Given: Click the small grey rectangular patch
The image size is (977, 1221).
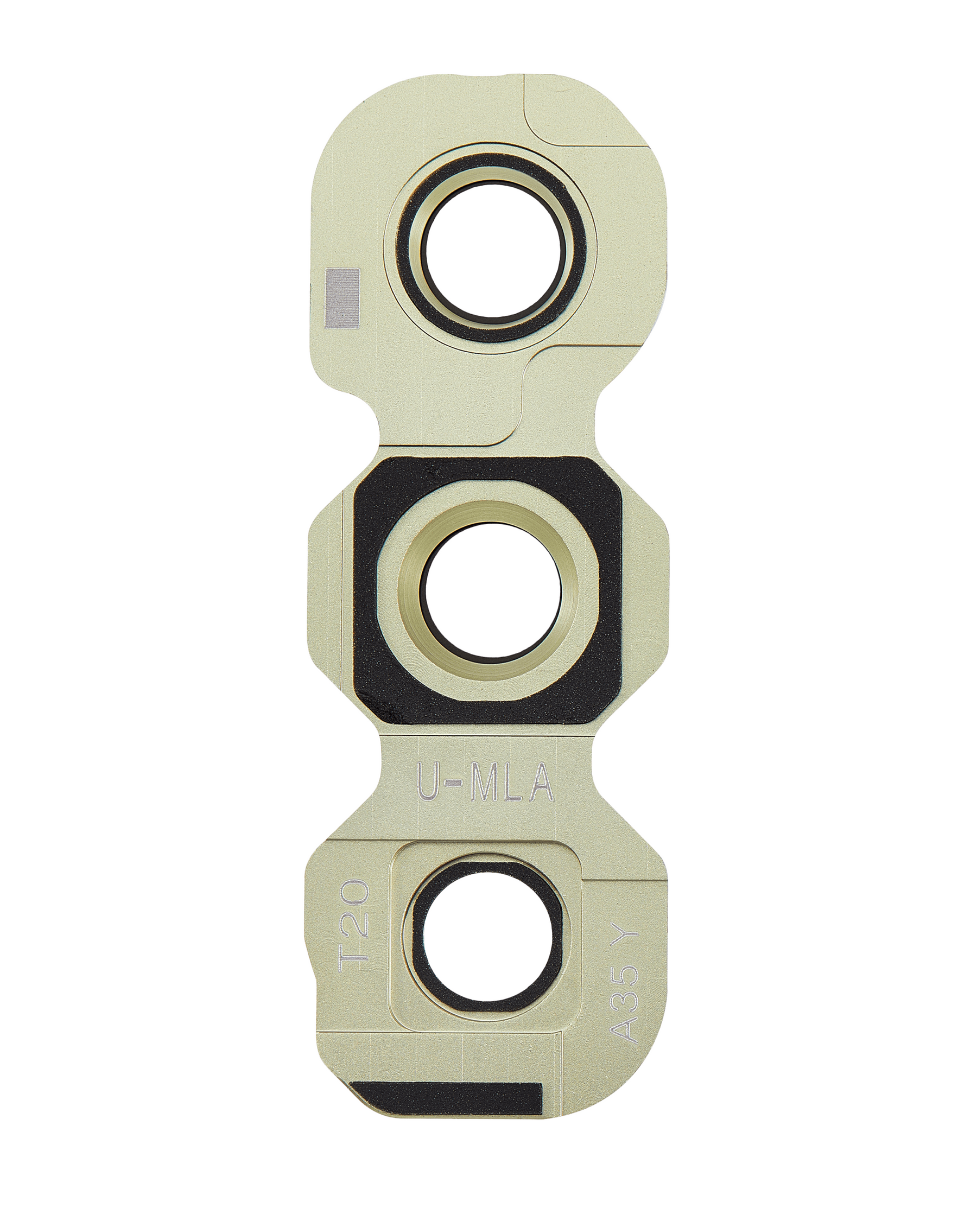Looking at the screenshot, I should point(343,298).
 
